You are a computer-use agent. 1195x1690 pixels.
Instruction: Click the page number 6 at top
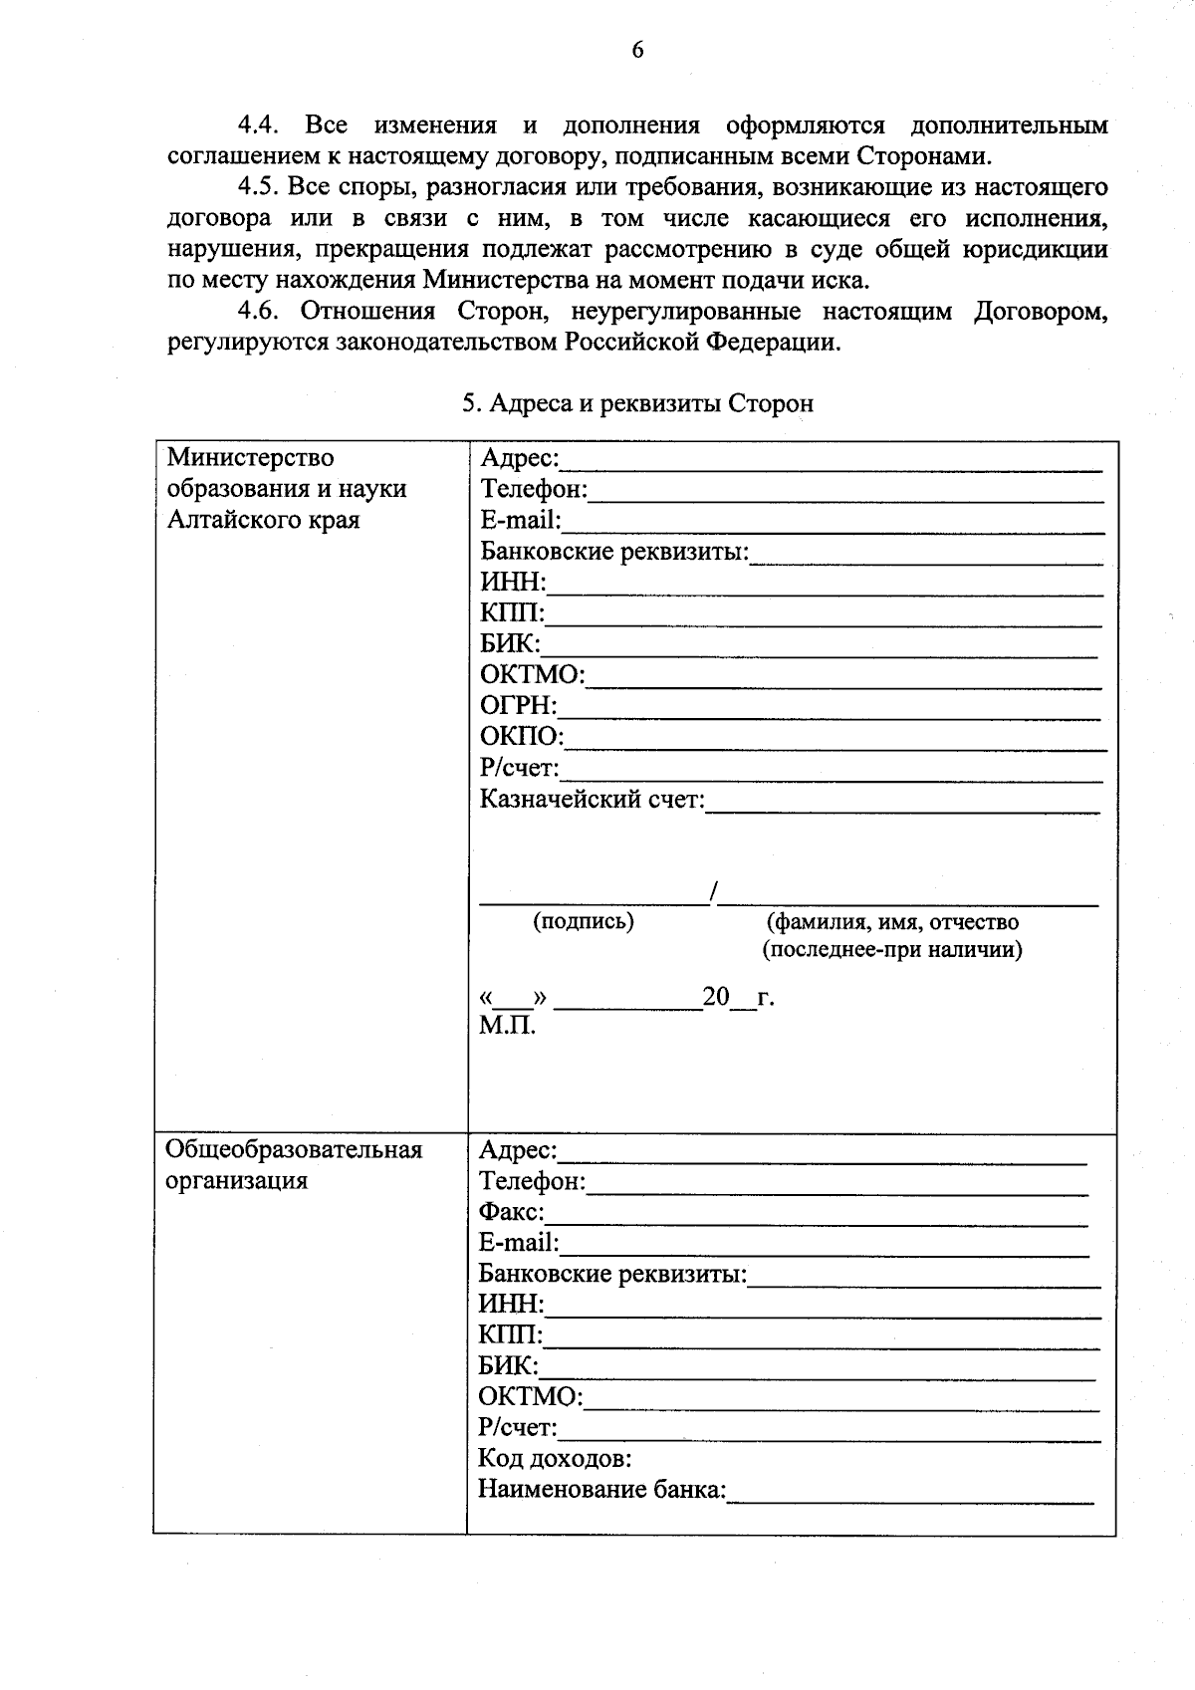[x=637, y=50]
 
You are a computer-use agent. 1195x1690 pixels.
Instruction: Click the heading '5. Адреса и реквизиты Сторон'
[x=637, y=403]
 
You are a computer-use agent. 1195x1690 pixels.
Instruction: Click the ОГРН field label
[x=518, y=706]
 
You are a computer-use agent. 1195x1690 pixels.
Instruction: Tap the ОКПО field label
[x=521, y=737]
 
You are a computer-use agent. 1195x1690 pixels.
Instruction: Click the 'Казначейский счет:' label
[x=592, y=799]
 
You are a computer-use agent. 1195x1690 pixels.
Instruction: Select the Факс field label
[x=511, y=1212]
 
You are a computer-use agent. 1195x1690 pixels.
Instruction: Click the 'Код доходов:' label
[x=555, y=1459]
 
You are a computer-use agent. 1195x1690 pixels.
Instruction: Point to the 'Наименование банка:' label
[x=602, y=1490]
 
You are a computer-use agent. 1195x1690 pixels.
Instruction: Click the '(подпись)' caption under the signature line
[x=584, y=921]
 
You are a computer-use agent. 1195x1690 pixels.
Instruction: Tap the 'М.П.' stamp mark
[x=506, y=1026]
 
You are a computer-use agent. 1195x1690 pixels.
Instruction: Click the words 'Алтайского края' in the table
[x=263, y=520]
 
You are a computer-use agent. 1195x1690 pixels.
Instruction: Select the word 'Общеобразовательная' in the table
[x=294, y=1150]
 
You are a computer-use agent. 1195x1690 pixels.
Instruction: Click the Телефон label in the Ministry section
[x=534, y=489]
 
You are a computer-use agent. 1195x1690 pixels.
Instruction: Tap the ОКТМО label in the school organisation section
[x=530, y=1396]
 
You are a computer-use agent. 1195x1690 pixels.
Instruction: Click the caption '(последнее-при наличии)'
[x=891, y=950]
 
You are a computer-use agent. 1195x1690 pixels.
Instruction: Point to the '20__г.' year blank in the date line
[x=738, y=997]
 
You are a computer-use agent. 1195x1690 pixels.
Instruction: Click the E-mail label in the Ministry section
[x=520, y=520]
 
